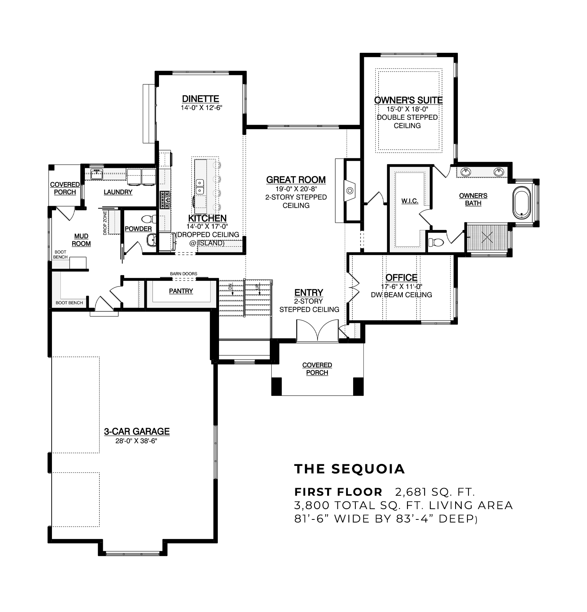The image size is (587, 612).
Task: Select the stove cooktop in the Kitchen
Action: (165, 200)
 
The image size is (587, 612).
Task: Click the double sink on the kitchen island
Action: (199, 187)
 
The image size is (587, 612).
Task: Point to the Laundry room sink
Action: (97, 175)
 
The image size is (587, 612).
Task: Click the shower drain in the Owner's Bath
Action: (488, 238)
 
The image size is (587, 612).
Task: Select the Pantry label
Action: (181, 291)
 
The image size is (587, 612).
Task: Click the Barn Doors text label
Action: (184, 273)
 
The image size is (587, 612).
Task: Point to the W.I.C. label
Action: (410, 201)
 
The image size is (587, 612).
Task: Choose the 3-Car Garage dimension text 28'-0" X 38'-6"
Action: (136, 441)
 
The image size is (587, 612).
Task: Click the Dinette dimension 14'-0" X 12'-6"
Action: (202, 108)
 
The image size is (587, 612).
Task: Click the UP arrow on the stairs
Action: (259, 288)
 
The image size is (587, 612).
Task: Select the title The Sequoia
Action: (350, 469)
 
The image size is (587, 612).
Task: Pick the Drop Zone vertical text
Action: (105, 223)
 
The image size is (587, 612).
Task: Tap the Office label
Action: (401, 278)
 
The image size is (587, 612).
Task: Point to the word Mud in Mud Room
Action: (81, 236)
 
